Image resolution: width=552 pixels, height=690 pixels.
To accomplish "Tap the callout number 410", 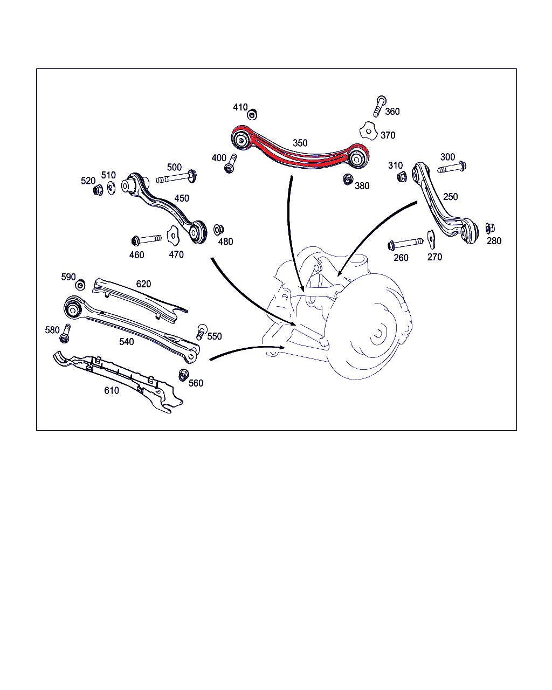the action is pos(240,107).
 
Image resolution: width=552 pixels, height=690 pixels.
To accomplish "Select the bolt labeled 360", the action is pos(379,106).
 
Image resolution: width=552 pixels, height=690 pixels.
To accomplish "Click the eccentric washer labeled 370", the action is pos(369,131).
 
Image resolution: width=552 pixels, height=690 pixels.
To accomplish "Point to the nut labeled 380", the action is pos(347,179).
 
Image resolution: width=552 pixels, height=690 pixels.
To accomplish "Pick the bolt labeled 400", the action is pos(230,163).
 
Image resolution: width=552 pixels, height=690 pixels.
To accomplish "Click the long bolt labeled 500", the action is pos(176,177).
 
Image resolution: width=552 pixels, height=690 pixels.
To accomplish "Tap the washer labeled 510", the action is pos(111,188).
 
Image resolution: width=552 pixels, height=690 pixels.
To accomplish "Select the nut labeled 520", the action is pos(98,190).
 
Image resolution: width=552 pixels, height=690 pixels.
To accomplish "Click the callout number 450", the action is pos(182,198).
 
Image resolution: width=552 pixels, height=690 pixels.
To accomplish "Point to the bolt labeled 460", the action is pos(146,239).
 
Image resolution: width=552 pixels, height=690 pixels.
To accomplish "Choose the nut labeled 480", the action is pos(219,230).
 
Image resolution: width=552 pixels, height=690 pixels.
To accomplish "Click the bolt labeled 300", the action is pos(452,168).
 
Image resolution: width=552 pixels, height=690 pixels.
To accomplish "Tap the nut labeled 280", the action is pos(490,228).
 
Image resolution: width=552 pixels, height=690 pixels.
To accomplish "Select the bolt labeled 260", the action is pos(405,244).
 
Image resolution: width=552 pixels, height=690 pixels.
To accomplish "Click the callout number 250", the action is pos(450,197).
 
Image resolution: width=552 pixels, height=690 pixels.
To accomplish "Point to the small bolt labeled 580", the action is pos(65,334).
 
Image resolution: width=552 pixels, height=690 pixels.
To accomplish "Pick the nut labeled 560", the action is pos(183,375).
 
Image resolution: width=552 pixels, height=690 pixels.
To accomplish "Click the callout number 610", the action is pos(112,390).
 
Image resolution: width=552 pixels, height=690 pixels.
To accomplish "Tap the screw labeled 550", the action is pos(202,332).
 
